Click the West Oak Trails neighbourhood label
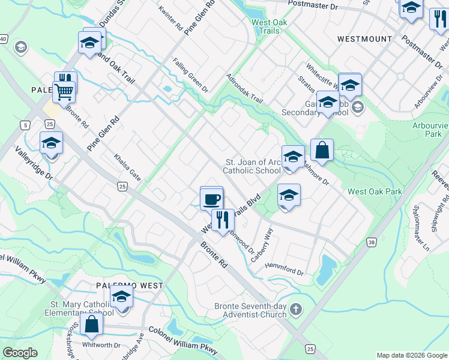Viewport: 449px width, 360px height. tap(265, 26)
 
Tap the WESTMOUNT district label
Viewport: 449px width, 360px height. tap(364, 39)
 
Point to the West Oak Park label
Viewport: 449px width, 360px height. tap(373, 192)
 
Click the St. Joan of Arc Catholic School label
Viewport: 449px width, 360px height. tap(252, 166)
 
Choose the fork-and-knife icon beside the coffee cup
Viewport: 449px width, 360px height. tap(223, 220)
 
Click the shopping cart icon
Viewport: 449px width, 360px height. tap(64, 92)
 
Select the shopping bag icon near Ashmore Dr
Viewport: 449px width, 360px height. tap(322, 151)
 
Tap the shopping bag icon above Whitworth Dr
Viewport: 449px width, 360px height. tap(92, 324)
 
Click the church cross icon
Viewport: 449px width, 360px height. tap(295, 310)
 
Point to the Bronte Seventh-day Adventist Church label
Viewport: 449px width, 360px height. tap(250, 310)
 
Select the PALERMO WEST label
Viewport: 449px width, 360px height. tap(130, 286)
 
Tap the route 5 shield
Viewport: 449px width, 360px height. tap(25, 125)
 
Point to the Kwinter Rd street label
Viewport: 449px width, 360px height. tap(170, 19)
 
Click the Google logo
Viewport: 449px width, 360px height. tap(20, 352)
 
